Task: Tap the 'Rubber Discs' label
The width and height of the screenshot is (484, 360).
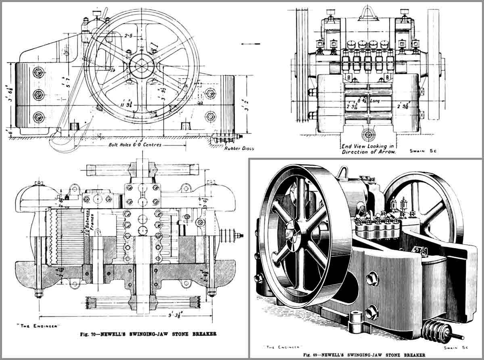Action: [239, 148]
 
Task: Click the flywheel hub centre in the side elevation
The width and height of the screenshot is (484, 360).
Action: [142, 64]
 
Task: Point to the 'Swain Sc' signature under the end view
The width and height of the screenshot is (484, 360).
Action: [424, 151]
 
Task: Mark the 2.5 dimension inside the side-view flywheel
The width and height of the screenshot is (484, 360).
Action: [128, 36]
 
